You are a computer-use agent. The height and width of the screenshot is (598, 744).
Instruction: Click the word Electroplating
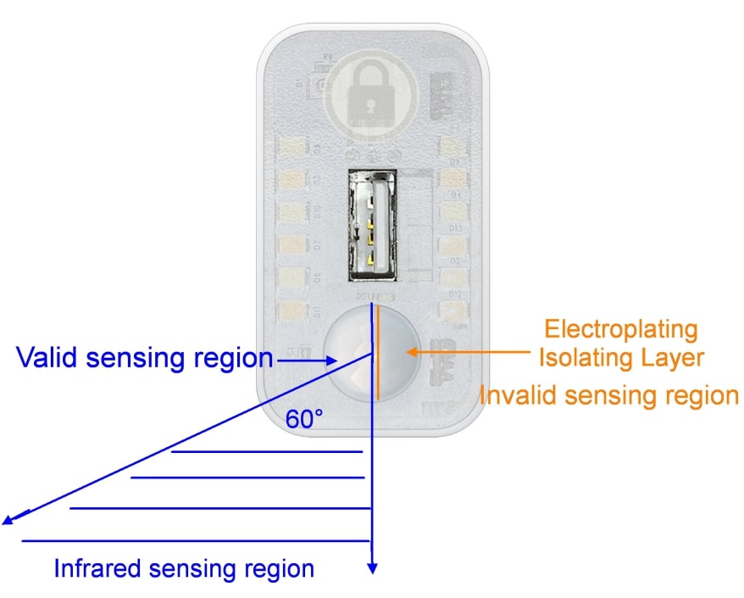click(x=621, y=328)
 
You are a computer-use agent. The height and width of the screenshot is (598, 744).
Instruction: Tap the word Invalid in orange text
click(x=521, y=394)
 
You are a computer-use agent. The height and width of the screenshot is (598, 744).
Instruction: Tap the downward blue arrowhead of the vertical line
click(x=372, y=569)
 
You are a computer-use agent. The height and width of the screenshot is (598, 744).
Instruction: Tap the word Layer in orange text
click(x=673, y=357)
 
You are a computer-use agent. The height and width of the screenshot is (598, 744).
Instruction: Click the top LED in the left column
click(x=292, y=146)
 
